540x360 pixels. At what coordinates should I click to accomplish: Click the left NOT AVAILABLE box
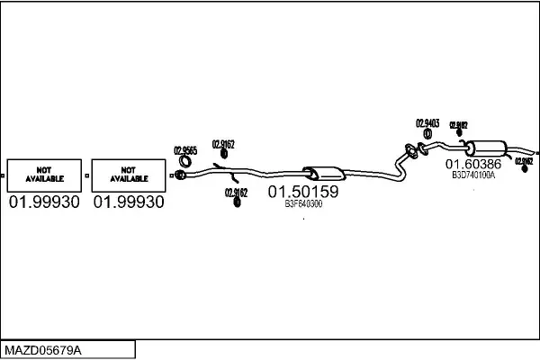tap(44, 175)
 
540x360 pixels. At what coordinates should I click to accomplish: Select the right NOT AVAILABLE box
tap(129, 175)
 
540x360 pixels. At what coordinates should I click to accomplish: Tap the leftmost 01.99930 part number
tap(44, 202)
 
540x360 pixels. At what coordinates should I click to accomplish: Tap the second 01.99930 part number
tap(129, 202)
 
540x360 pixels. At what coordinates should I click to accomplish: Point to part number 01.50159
tap(303, 192)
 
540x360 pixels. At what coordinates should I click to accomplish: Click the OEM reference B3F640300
tap(303, 205)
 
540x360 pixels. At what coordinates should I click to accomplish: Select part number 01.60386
tap(474, 165)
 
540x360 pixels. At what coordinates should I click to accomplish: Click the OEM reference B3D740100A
tap(473, 175)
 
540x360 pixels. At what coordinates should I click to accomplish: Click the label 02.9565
tap(184, 150)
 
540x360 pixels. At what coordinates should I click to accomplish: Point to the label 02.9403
tap(427, 123)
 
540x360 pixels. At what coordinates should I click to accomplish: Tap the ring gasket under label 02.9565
tap(180, 173)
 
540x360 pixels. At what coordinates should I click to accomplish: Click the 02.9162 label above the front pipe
tap(224, 144)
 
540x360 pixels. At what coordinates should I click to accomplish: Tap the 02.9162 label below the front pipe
tap(236, 192)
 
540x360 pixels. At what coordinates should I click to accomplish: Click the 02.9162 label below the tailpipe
tap(524, 161)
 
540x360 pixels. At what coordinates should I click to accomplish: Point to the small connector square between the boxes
tap(86, 175)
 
